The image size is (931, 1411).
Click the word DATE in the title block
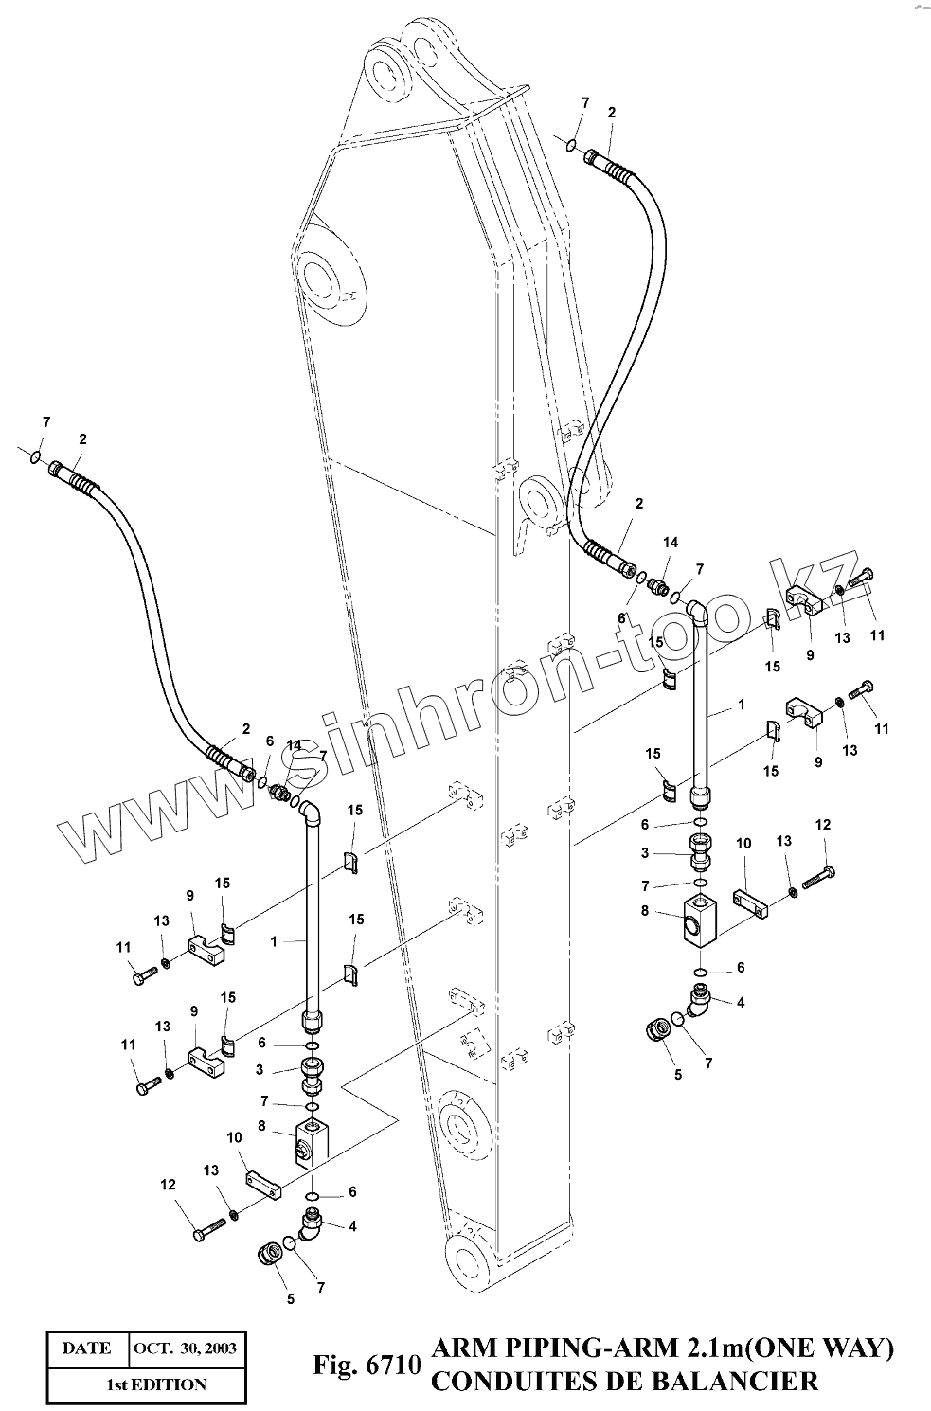coord(86,1348)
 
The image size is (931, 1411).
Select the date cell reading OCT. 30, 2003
coord(185,1348)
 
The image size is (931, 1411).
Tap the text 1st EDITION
coord(155,1384)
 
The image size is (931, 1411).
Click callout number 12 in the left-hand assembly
coord(168,1184)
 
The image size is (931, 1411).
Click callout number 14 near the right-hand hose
coord(671,543)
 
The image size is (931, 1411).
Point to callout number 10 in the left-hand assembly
coord(235,1136)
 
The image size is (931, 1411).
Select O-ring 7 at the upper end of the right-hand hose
coord(571,144)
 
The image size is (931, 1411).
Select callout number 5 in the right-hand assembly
coord(677,1075)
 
